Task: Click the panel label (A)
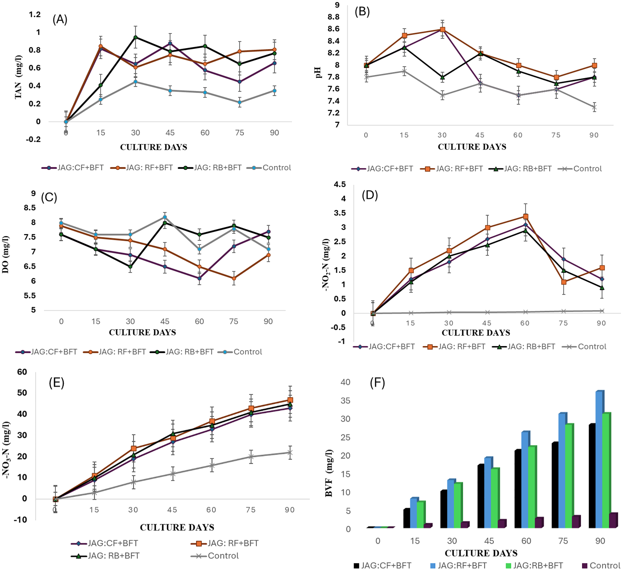pyautogui.click(x=60, y=20)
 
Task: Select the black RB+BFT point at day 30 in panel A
pyautogui.click(x=135, y=37)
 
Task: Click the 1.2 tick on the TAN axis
pyautogui.click(x=35, y=15)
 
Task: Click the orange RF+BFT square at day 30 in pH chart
pyautogui.click(x=442, y=29)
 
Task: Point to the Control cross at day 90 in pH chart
pyautogui.click(x=594, y=107)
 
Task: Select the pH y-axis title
pyautogui.click(x=319, y=73)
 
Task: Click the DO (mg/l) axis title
pyautogui.click(x=6, y=254)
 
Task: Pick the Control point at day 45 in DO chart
pyautogui.click(x=165, y=217)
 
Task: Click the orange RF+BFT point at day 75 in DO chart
pyautogui.click(x=234, y=279)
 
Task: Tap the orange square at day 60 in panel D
pyautogui.click(x=526, y=216)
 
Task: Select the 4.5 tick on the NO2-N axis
pyautogui.click(x=340, y=185)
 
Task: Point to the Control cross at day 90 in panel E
pyautogui.click(x=290, y=452)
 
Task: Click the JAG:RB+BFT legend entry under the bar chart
pyautogui.click(x=534, y=566)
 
